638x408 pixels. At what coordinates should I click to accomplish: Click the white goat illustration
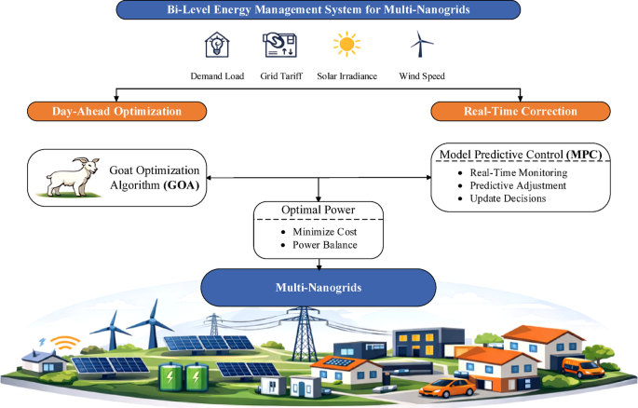click(x=74, y=177)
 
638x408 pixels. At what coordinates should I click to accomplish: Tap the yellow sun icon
click(x=346, y=44)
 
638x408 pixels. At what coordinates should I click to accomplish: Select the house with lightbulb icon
click(x=217, y=45)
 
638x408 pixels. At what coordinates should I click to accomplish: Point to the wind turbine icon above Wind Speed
click(x=422, y=44)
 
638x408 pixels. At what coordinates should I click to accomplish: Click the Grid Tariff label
click(x=281, y=76)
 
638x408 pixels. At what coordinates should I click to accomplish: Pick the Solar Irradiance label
click(x=346, y=76)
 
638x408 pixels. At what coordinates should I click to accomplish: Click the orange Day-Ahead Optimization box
click(x=116, y=112)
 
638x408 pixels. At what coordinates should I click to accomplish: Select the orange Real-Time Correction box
click(x=521, y=112)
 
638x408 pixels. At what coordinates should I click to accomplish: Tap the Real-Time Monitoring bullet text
click(x=519, y=173)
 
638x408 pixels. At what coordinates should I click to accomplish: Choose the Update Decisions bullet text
click(x=508, y=198)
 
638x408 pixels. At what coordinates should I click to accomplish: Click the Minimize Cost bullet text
click(x=325, y=232)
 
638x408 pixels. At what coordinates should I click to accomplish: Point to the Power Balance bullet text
click(x=325, y=245)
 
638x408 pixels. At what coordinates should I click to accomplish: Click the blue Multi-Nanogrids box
click(x=319, y=287)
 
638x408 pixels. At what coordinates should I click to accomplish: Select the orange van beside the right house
click(x=583, y=368)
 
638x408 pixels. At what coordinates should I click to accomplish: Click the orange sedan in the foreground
click(x=448, y=388)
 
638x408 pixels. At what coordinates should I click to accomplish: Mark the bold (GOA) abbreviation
click(x=182, y=185)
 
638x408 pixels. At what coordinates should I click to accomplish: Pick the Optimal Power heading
click(x=319, y=210)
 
